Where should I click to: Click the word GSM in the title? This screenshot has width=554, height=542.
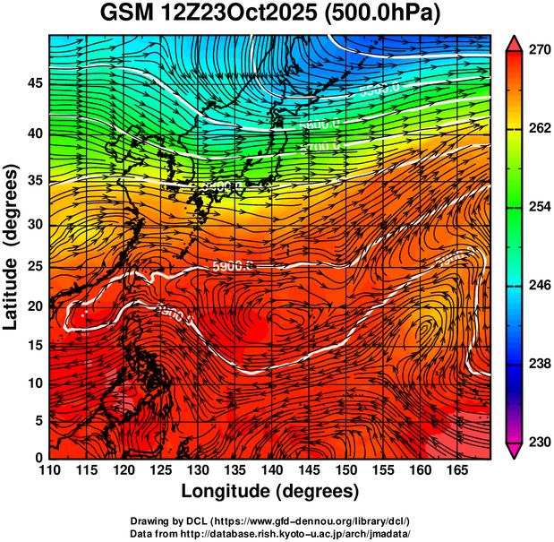click(x=125, y=14)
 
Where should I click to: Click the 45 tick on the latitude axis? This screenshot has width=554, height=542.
click(x=34, y=83)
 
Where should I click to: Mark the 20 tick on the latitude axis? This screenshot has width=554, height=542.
click(x=34, y=305)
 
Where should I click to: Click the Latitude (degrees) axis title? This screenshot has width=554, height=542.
click(x=12, y=245)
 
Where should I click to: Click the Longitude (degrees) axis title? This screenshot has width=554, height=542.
click(x=270, y=491)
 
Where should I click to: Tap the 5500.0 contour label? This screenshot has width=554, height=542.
click(x=380, y=90)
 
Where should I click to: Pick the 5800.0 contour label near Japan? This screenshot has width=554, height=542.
click(x=224, y=187)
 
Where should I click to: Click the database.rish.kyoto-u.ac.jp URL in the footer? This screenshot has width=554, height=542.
click(x=314, y=533)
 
